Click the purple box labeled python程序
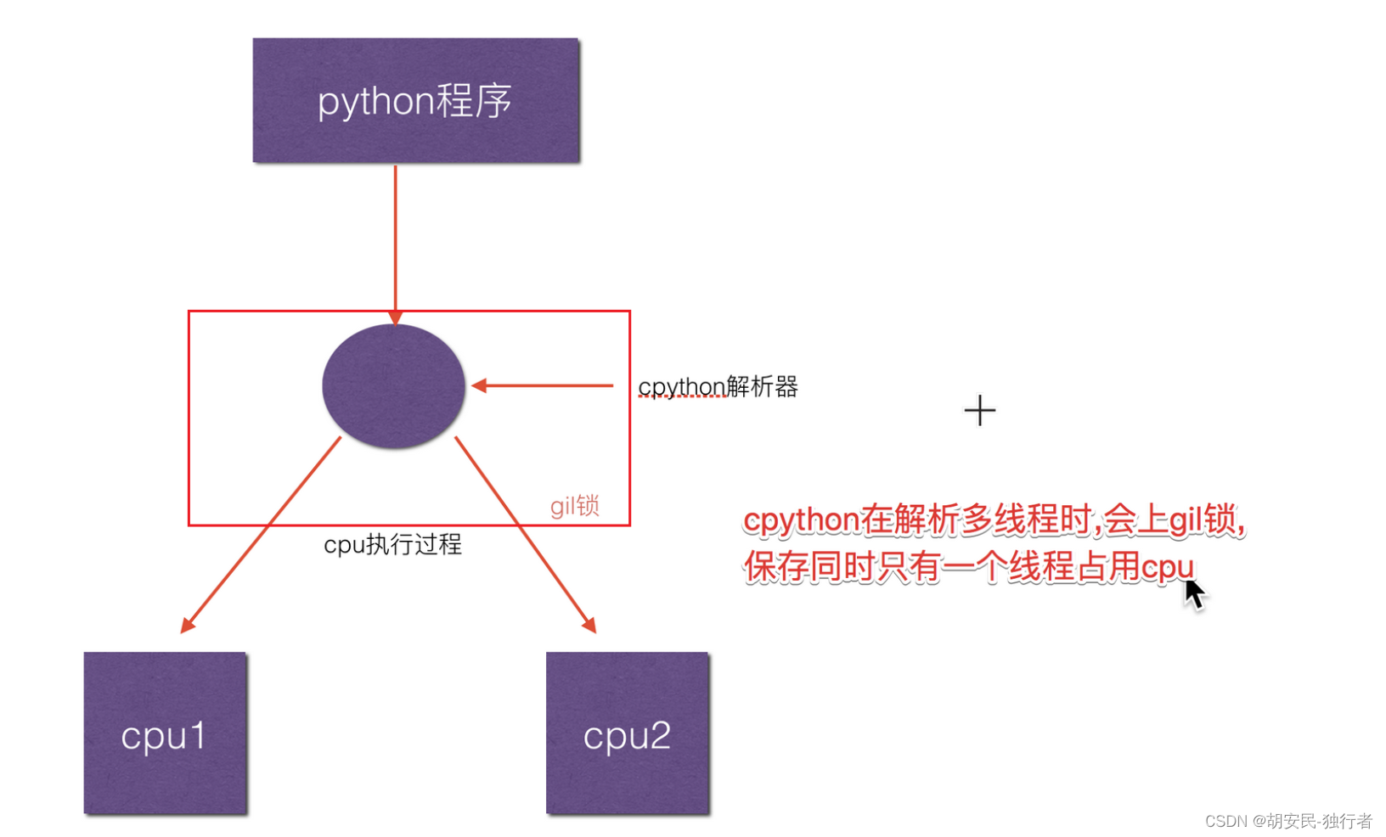coord(415,100)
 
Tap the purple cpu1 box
coord(165,733)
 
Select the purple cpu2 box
coord(627,733)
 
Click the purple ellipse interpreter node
coord(393,386)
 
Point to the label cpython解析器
coord(718,387)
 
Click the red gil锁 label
coord(574,506)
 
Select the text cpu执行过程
coord(392,544)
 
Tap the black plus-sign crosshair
coord(979,411)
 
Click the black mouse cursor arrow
coord(1194,593)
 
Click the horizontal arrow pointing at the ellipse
coord(544,385)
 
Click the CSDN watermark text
coord(1287,821)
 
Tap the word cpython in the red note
coord(801,520)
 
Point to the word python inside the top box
coord(375,102)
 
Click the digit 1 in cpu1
coord(196,735)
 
